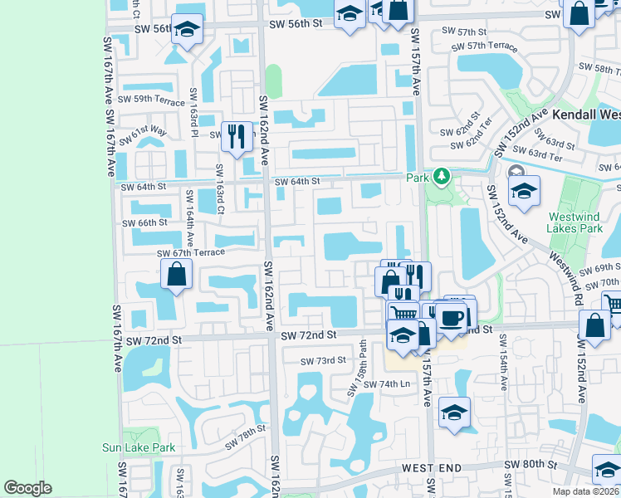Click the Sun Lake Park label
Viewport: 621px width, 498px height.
click(x=139, y=447)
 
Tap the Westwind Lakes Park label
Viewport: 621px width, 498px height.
click(x=574, y=222)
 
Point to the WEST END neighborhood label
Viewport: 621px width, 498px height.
click(x=431, y=469)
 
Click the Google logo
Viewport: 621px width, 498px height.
click(x=27, y=488)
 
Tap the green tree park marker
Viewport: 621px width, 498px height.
click(x=443, y=177)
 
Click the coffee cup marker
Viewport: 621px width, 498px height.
click(x=451, y=318)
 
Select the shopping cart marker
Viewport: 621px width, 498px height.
click(x=403, y=313)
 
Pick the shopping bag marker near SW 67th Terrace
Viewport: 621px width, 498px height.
click(x=177, y=274)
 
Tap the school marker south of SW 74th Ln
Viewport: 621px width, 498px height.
click(x=455, y=413)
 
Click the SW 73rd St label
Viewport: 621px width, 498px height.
click(x=322, y=359)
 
